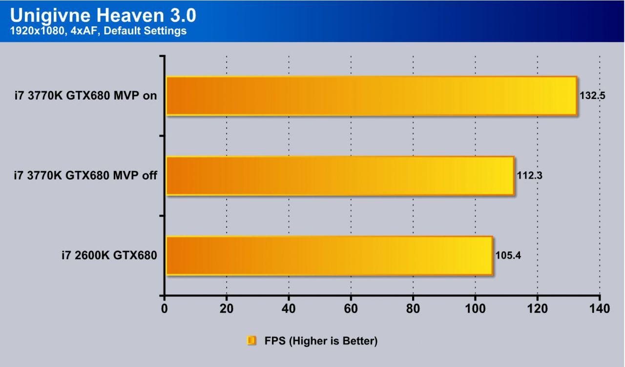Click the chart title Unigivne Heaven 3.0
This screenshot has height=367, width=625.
103,16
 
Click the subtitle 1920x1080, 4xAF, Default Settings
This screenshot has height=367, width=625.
98,31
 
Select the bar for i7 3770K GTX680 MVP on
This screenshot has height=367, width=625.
371,96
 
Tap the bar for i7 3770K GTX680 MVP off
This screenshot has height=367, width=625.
340,176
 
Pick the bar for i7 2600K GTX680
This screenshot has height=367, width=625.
329,256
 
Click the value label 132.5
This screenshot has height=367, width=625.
592,96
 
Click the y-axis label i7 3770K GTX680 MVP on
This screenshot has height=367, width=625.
85,96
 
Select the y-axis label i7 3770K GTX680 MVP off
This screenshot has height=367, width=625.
85,176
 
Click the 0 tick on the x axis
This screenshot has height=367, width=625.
165,309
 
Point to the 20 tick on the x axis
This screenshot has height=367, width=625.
227,309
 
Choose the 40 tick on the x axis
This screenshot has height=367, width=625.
289,309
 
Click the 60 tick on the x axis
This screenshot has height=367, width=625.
351,309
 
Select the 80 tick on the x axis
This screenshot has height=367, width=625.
413,309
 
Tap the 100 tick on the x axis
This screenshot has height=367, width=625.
475,309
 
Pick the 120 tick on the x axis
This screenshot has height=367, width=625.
537,309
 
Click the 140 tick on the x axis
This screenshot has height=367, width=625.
600,309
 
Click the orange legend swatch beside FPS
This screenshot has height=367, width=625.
252,341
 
